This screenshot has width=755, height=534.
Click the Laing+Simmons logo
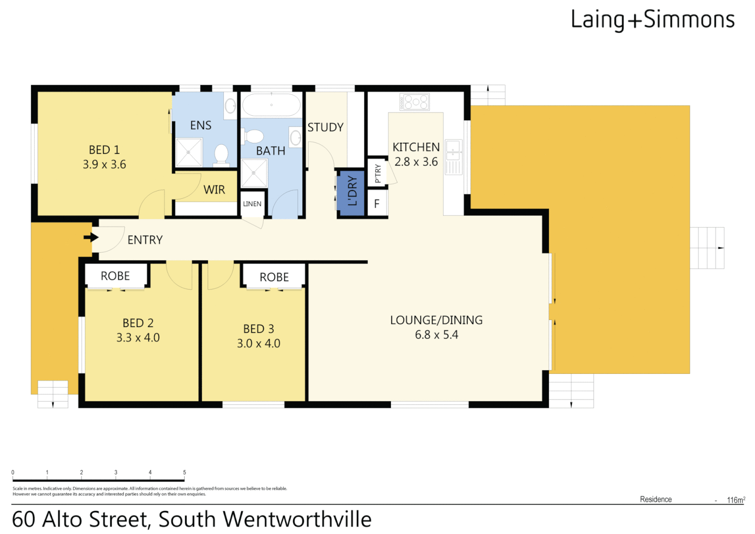652,20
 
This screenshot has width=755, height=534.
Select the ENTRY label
145,240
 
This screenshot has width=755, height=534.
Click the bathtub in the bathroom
271,105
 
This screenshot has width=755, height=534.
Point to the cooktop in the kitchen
415,102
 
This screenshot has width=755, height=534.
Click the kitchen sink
453,150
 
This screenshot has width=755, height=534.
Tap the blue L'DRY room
351,192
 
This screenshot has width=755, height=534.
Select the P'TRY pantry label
378,173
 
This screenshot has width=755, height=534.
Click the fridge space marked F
377,203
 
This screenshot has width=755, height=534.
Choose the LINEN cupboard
252,204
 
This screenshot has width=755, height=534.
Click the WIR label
214,190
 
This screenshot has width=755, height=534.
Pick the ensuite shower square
189,152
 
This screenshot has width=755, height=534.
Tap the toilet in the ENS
221,154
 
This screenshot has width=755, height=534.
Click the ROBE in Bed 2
115,276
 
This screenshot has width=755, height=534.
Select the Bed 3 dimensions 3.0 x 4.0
258,344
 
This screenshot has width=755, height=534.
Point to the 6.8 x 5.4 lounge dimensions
436,335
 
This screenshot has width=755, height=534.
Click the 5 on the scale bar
184,473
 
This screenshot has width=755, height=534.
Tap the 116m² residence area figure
735,500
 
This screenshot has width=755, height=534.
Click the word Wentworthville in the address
297,520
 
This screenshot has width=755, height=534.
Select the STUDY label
325,128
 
